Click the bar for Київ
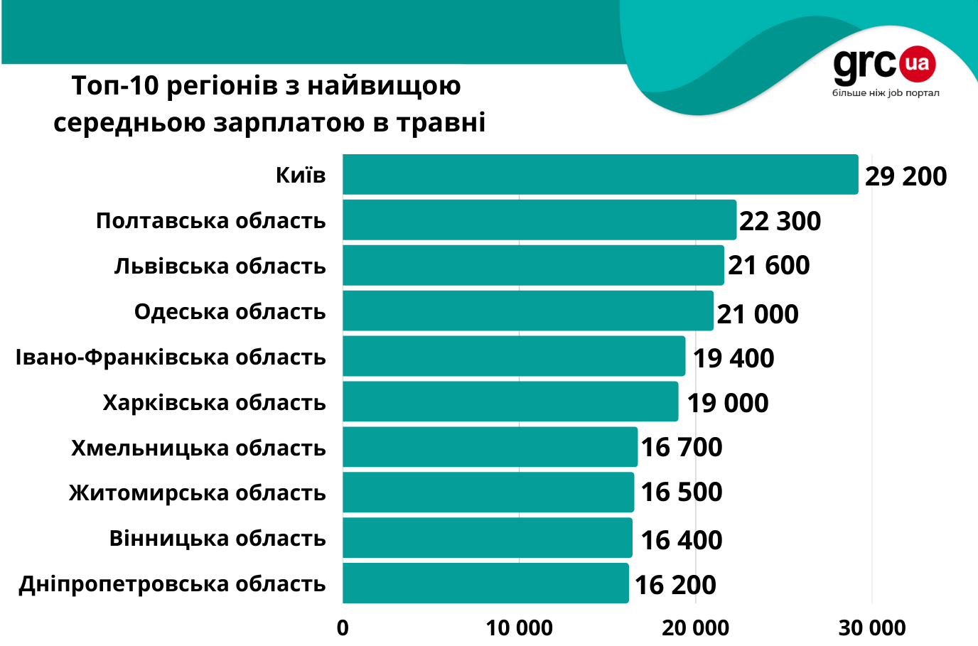pos(601,175)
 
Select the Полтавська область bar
pos(539,220)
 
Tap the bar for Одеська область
pos(528,311)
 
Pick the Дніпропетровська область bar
pos(485,583)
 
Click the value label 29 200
pos(906,176)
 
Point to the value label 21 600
pos(768,266)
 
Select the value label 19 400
pos(733,358)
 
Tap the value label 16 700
pos(682,447)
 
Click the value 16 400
pos(682,540)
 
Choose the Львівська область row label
pos(220,267)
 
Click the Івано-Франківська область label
pos(171,357)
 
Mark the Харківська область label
pos(214,403)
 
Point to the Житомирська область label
pos(198,492)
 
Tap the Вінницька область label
pos(217,539)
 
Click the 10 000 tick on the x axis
pos(519,628)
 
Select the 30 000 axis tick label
pos(872,628)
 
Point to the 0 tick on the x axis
pos(343,628)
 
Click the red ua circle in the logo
pos(918,64)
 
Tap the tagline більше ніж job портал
pos(886,93)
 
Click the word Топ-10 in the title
pos(114,86)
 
